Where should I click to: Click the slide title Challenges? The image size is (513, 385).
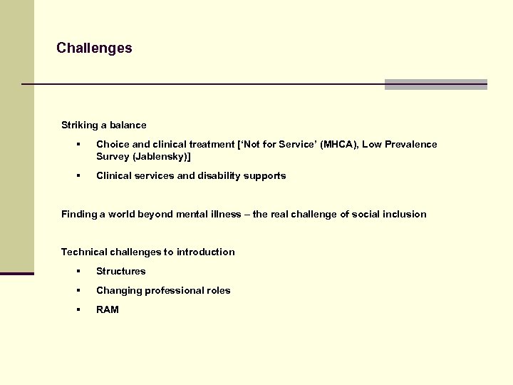coord(94,48)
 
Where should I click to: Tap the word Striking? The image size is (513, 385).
coord(79,125)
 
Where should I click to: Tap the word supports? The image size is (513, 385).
coord(264,175)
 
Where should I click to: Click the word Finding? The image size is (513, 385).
coord(79,214)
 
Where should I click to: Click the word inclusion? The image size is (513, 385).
coord(404,214)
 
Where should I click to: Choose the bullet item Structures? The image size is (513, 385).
coord(120,271)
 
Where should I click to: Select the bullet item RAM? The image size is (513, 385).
coord(108,309)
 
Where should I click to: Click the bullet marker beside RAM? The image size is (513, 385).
coord(79,309)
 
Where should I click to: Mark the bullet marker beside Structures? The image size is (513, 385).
coord(79,271)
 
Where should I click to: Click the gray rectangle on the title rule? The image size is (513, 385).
coord(435,84)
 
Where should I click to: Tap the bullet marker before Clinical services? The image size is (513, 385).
coord(79,175)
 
